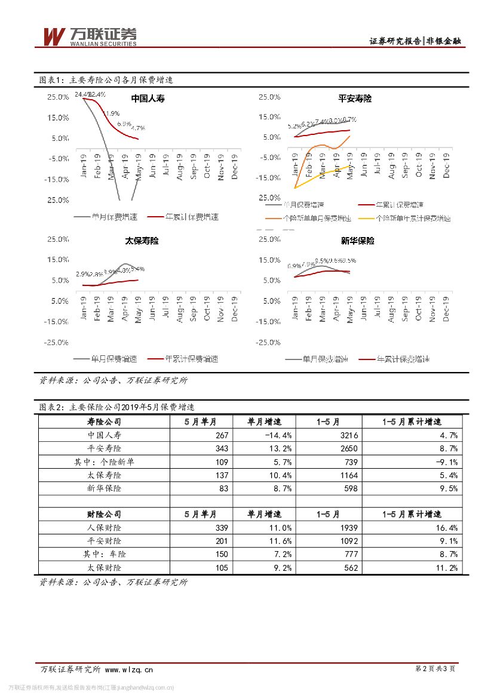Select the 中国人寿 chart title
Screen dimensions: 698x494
pyautogui.click(x=148, y=99)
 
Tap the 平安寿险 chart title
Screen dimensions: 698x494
pyautogui.click(x=354, y=99)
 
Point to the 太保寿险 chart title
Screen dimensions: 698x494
pyautogui.click(x=142, y=241)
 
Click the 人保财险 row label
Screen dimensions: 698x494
pyautogui.click(x=104, y=528)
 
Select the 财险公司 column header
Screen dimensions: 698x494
pyautogui.click(x=104, y=514)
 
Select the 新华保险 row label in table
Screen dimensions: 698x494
pyautogui.click(x=104, y=488)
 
